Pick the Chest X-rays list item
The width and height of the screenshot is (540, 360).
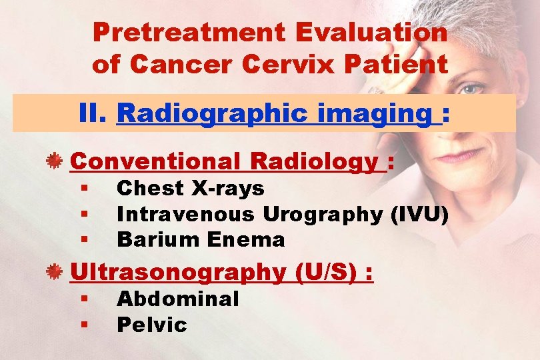pos(191,189)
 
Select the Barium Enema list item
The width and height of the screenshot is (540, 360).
pos(201,239)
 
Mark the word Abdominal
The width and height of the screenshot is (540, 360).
pos(177,299)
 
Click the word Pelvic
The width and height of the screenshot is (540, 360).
pos(151,325)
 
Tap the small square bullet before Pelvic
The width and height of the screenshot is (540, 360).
pos(86,325)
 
